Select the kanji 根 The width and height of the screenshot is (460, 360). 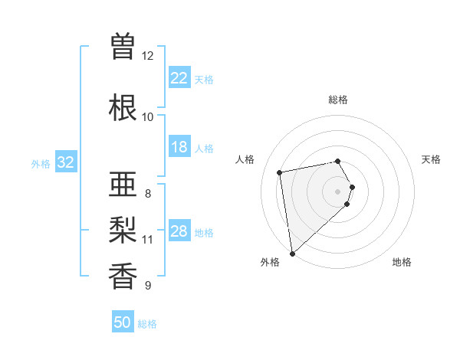pyautogui.click(x=123, y=107)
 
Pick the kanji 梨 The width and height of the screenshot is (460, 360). pyautogui.click(x=123, y=230)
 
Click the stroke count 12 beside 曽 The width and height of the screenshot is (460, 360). pyautogui.click(x=148, y=56)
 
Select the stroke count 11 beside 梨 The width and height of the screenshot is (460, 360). pyautogui.click(x=148, y=240)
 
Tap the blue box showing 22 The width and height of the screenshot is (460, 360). pyautogui.click(x=179, y=78)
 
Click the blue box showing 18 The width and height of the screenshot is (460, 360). pyautogui.click(x=179, y=147)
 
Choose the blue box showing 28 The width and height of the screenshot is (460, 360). pyautogui.click(x=179, y=231)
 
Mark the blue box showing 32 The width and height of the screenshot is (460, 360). pyautogui.click(x=66, y=162)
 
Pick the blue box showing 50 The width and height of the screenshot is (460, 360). pyautogui.click(x=123, y=322)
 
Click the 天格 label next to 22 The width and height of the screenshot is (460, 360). pyautogui.click(x=204, y=79)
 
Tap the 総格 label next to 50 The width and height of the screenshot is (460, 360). pyautogui.click(x=147, y=324)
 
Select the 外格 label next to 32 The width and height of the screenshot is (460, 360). pyautogui.click(x=41, y=163)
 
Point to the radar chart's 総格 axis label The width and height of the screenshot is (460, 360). pyautogui.click(x=338, y=100)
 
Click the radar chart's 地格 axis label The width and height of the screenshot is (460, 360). pyautogui.click(x=402, y=262)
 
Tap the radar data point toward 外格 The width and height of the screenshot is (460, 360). pyautogui.click(x=291, y=254)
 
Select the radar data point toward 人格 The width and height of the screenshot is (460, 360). pyautogui.click(x=280, y=172)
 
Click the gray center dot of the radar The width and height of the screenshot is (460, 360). pyautogui.click(x=338, y=191)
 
